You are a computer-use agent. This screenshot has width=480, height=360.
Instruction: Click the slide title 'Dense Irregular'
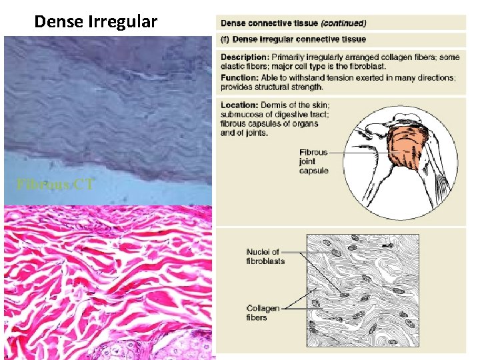coord(96,22)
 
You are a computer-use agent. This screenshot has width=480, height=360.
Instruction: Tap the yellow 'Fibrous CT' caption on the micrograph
coord(55,184)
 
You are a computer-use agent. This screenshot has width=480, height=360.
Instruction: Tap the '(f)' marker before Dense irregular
coord(226,40)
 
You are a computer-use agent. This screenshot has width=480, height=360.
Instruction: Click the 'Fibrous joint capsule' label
coord(314,161)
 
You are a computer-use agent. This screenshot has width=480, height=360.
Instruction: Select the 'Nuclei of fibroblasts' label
coord(265,256)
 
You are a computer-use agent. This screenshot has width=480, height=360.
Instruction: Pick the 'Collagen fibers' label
coord(263,313)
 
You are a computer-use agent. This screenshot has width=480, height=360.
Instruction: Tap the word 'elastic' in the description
coord(235,67)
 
